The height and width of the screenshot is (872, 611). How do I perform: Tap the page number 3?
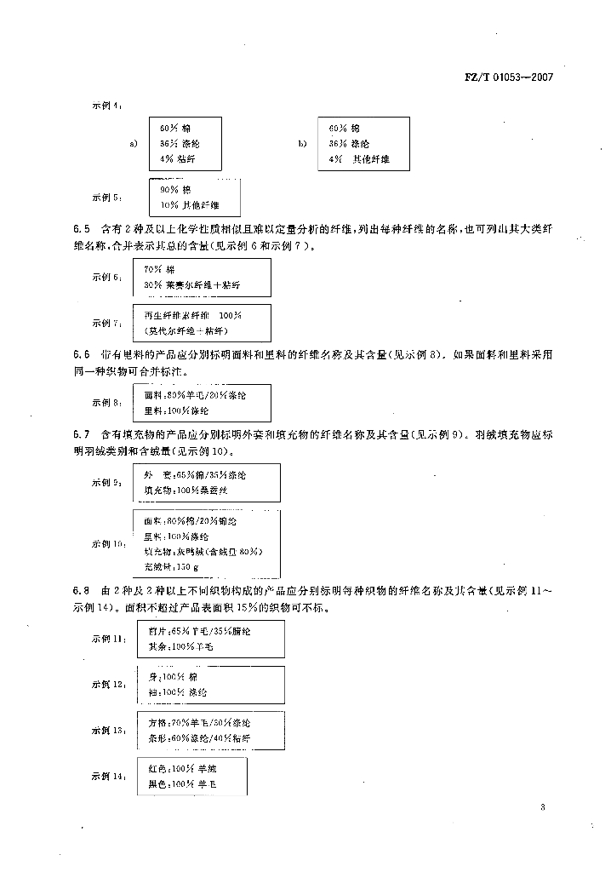click(x=542, y=807)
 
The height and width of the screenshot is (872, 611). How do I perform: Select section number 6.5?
click(x=81, y=230)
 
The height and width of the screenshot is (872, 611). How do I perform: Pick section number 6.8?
click(x=81, y=590)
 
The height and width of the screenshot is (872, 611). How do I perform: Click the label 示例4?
click(x=106, y=106)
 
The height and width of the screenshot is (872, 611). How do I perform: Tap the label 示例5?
click(x=106, y=198)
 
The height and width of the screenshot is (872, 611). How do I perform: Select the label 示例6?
click(x=106, y=278)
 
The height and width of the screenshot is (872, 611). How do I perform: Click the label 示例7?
click(x=106, y=323)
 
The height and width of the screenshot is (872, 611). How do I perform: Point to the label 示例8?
click(x=106, y=403)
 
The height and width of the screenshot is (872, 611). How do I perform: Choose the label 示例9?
click(x=106, y=483)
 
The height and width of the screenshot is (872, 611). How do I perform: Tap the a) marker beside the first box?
click(x=134, y=143)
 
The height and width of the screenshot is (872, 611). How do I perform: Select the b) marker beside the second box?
click(x=302, y=143)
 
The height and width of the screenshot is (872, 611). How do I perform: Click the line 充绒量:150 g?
click(x=172, y=567)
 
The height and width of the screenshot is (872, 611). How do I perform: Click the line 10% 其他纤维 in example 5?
click(x=189, y=205)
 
